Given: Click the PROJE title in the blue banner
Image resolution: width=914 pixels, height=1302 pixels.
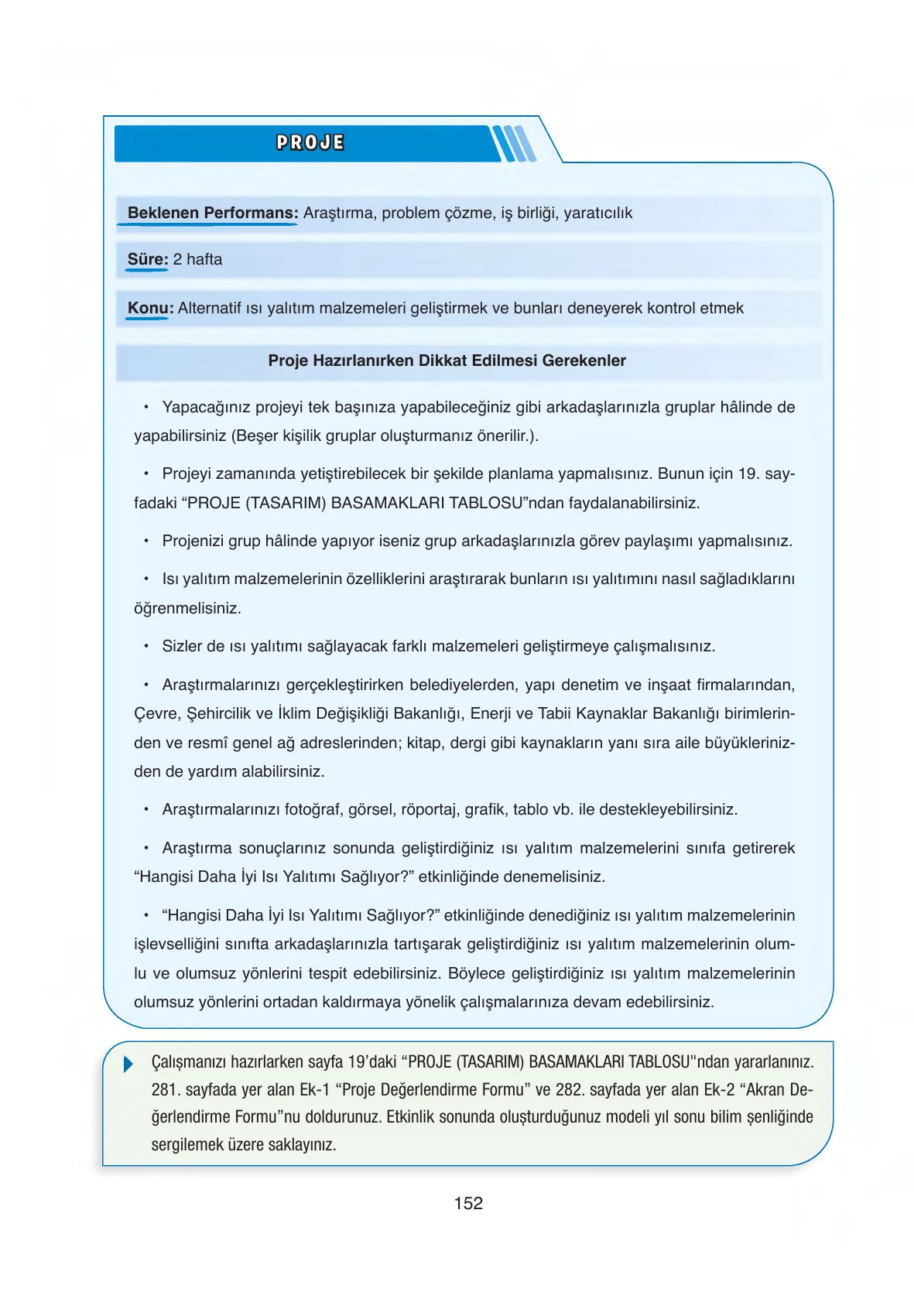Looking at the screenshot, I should tap(310, 143).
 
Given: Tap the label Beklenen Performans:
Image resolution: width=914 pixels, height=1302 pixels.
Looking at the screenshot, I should tap(213, 213).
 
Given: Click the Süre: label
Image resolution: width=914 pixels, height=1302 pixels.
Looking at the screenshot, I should tap(147, 260).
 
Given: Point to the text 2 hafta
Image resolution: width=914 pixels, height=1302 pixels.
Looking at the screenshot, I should tap(197, 260).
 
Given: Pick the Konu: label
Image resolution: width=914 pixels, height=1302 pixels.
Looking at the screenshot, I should tap(149, 308).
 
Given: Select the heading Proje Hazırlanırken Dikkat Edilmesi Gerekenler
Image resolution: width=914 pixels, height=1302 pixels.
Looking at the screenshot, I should tap(447, 361).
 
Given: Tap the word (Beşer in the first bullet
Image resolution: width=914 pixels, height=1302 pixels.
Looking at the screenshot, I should tap(254, 436).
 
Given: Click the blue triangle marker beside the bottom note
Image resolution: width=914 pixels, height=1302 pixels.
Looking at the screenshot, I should tap(128, 1064).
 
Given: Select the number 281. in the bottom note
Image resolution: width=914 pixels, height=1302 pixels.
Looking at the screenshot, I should tap(166, 1090).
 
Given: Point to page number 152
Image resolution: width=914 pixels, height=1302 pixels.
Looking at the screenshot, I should tap(468, 1203).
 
